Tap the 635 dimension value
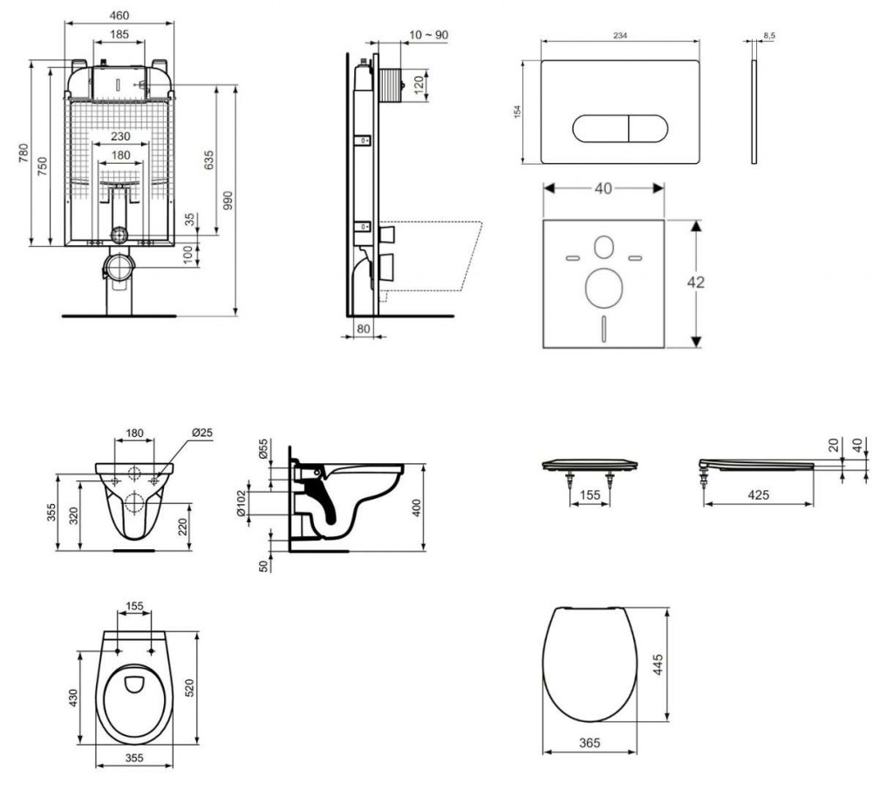(208, 160)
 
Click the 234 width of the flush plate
(622, 35)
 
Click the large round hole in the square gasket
(602, 289)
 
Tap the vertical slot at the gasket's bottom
(602, 330)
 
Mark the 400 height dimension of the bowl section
(417, 507)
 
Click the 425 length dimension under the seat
(758, 495)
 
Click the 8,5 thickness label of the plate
(768, 36)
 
